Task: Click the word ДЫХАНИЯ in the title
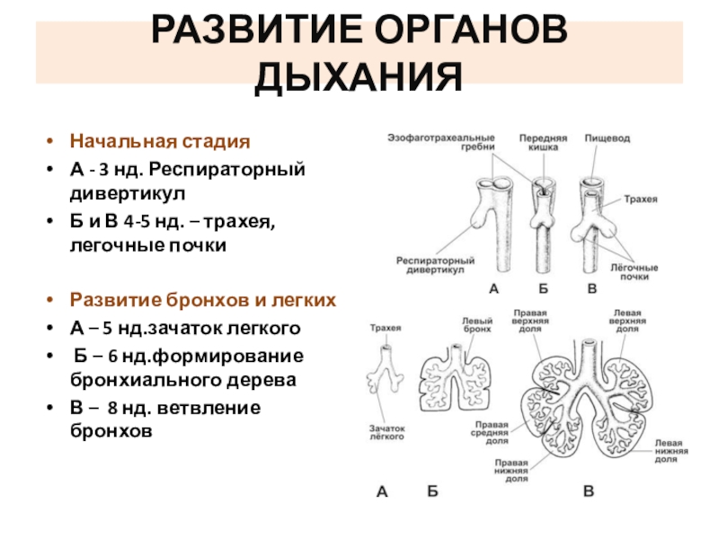[359, 78]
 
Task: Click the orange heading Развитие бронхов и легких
[202, 299]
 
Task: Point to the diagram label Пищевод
[608, 139]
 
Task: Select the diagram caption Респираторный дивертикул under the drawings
[430, 265]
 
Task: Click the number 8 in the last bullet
[112, 409]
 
